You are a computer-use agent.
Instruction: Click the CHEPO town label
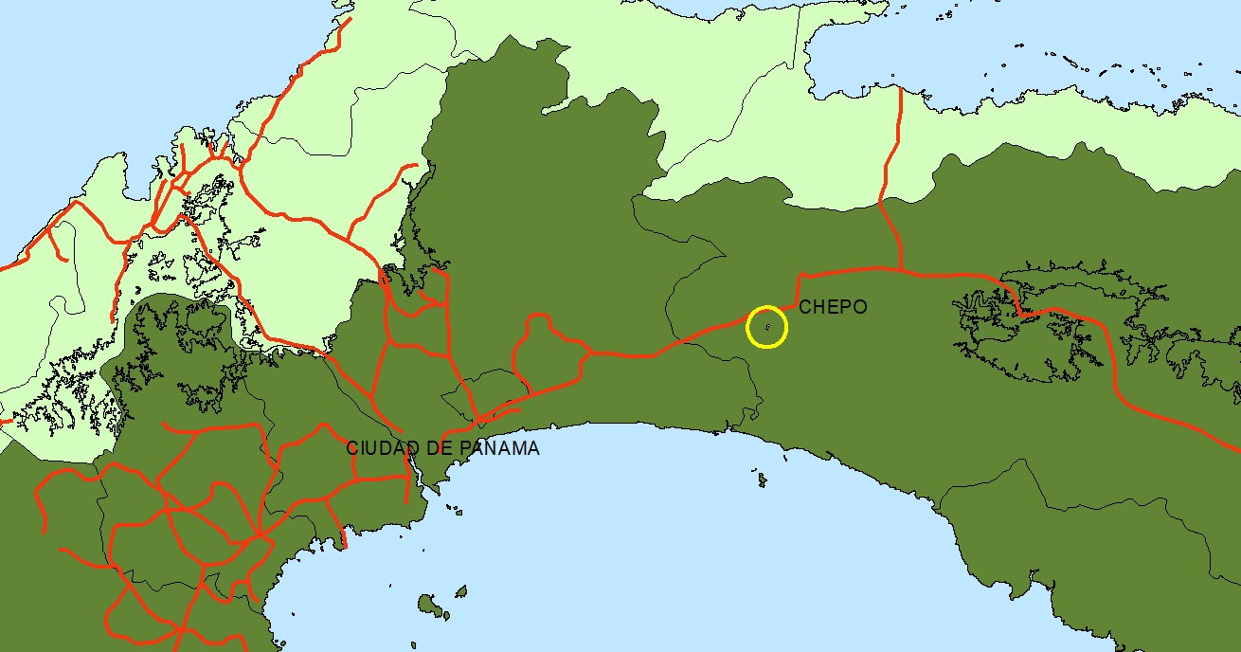coord(833,307)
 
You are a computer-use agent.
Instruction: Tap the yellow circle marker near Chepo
coord(766,327)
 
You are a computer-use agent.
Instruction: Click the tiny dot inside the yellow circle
coord(767,327)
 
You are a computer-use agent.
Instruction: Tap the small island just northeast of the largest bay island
coord(461,591)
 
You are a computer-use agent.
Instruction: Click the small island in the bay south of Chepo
coord(762,481)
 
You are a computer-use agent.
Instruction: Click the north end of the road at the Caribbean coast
coord(900,89)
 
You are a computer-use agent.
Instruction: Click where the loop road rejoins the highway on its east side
coord(593,353)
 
